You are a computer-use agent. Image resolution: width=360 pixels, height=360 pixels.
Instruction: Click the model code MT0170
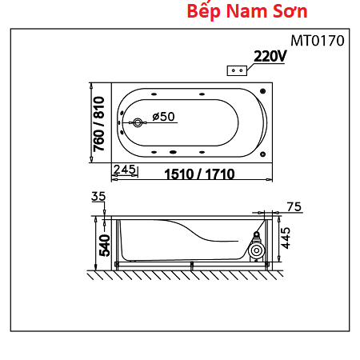(318, 41)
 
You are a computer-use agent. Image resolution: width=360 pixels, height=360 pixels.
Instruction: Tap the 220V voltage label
(270, 56)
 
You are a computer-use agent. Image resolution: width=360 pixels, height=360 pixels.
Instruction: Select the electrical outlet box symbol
(237, 70)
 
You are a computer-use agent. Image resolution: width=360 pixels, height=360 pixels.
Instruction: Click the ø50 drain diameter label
(163, 117)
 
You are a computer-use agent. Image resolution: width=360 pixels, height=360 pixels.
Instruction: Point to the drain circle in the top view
(138, 122)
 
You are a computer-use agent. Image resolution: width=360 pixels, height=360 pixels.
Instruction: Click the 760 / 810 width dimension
(98, 124)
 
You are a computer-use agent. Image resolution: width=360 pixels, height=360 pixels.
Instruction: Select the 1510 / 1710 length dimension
(199, 174)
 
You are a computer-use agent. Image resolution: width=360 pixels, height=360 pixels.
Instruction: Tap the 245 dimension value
(125, 170)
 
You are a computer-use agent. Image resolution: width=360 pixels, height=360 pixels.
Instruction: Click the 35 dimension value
(98, 197)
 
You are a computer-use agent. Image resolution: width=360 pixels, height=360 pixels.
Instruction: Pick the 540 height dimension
(105, 246)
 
